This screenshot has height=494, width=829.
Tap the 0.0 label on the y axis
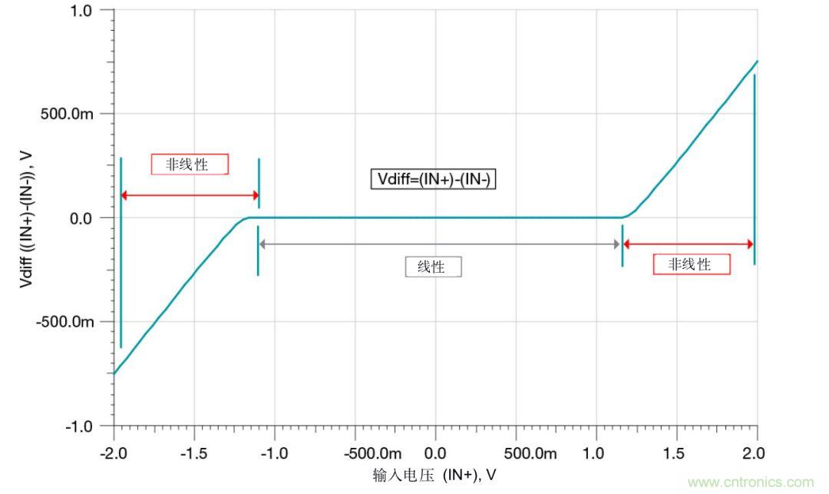pos(81,218)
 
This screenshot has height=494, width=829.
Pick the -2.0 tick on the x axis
pos(114,453)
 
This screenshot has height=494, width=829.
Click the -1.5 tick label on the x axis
pos(194,453)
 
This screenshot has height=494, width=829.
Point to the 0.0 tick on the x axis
pos(435,453)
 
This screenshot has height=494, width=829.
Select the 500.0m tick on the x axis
pos(531,453)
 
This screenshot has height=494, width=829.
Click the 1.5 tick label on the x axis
pos(676,453)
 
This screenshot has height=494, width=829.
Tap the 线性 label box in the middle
pos(434,267)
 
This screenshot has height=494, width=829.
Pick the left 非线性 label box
pos(189,164)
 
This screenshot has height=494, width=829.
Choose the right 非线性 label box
pos(691,264)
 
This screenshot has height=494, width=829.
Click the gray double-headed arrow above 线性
pos(440,244)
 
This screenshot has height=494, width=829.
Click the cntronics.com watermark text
pos(751,482)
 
